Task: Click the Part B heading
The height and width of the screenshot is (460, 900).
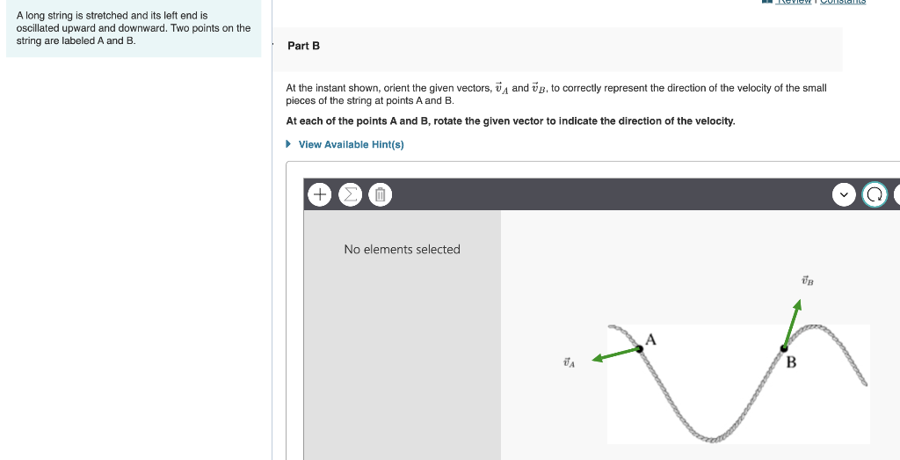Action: coord(303,46)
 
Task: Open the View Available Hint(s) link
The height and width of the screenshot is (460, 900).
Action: coord(351,144)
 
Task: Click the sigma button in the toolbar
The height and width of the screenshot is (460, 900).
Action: coord(348,194)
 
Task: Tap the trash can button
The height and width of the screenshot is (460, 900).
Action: coord(379,194)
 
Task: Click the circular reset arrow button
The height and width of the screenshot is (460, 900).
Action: coord(875,194)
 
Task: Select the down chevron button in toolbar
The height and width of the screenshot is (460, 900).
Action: coord(846,194)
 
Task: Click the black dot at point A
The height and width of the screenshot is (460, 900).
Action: coord(640,349)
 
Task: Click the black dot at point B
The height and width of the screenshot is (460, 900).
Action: coord(784,348)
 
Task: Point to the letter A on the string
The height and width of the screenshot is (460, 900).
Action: coord(651,339)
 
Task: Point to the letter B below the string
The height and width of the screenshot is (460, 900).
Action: coord(791,361)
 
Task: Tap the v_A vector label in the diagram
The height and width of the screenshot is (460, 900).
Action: coord(569,361)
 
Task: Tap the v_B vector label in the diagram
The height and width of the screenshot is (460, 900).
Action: coord(808,281)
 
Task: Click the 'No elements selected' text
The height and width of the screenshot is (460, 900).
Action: coord(402,250)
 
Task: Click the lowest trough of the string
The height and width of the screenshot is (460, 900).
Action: coord(714,436)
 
